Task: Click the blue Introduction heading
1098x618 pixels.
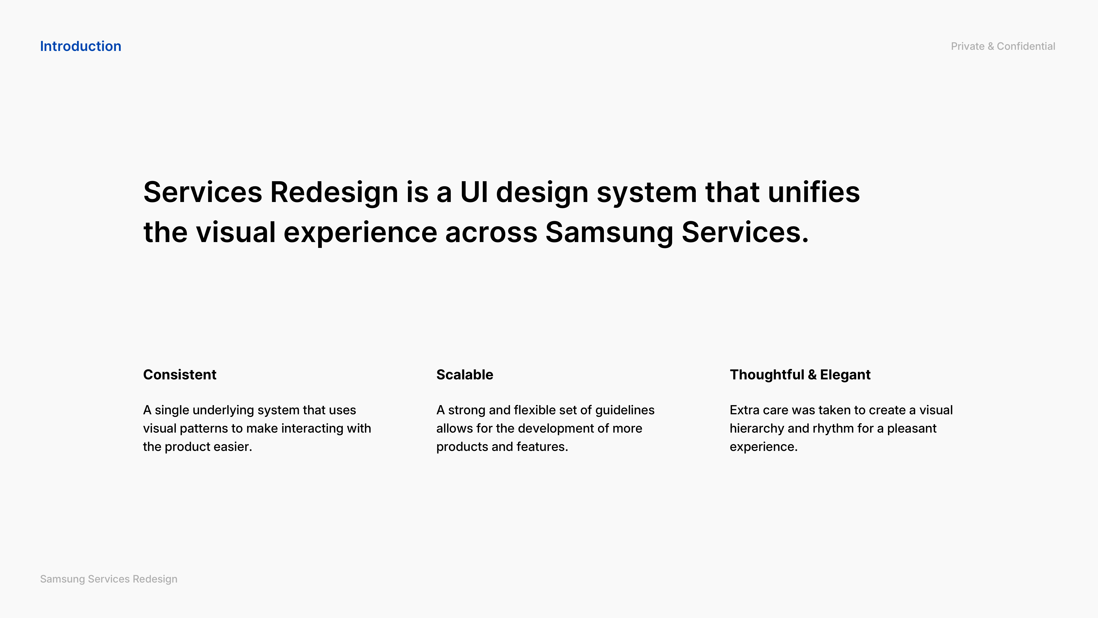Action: point(81,46)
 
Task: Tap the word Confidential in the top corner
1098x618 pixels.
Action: point(1026,46)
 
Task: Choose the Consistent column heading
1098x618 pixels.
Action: point(179,374)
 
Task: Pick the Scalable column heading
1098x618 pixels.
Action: point(465,374)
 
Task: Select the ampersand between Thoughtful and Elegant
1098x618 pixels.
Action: point(812,374)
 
